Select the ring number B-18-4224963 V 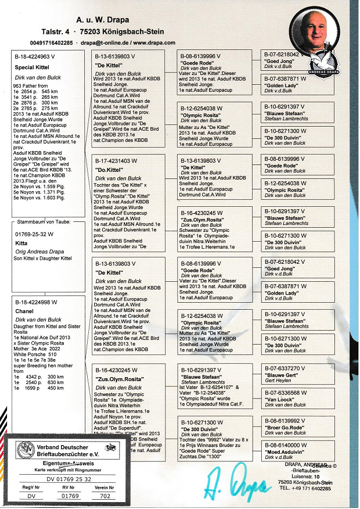click(34, 56)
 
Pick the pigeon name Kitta click(22, 244)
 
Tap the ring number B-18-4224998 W click(35, 301)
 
